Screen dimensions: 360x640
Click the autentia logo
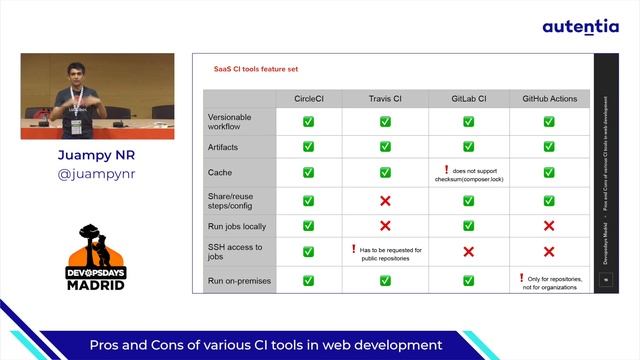[x=580, y=27]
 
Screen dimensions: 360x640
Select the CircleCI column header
[x=308, y=99]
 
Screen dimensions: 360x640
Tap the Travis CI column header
[x=384, y=99]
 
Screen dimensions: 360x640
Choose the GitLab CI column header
[x=468, y=99]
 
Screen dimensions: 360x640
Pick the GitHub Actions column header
[x=549, y=99]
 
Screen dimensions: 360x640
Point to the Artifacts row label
[x=224, y=147]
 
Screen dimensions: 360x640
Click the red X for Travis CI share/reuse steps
[x=384, y=200]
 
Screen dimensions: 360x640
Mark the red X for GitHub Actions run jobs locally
[x=549, y=226]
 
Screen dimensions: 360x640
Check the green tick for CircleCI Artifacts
[x=308, y=147]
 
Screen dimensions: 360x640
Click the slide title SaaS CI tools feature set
[x=256, y=69]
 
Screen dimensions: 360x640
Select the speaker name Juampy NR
[x=96, y=156]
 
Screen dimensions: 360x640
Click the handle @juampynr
[x=96, y=174]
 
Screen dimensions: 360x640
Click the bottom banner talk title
[x=265, y=345]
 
